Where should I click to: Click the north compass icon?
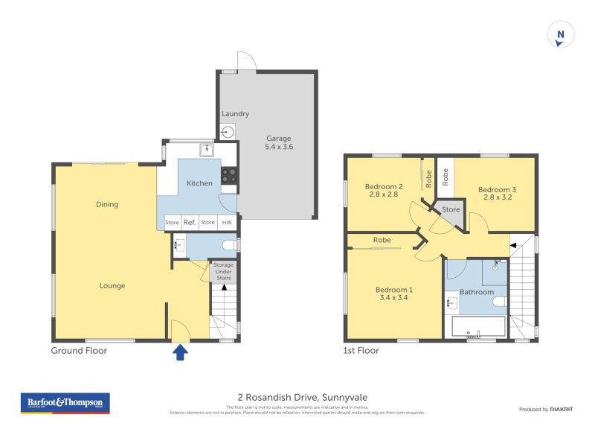coord(561,34)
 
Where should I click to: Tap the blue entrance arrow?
coord(180,352)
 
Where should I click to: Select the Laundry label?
coord(235,114)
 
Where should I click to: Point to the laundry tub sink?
coord(228,133)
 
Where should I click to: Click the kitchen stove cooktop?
coord(229,176)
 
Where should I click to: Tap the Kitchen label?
coord(199,183)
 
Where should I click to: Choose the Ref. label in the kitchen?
coord(190,222)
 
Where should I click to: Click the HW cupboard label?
coord(227,222)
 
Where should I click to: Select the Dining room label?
coord(107,204)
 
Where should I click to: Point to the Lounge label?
coord(112,285)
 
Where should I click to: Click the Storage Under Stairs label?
coord(223,271)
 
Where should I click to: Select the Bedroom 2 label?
coord(384,191)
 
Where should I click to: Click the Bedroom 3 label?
coord(497,194)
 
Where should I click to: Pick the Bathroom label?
coord(476,292)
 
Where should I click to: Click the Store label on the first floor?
coord(451,210)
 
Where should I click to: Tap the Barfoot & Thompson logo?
coord(65,403)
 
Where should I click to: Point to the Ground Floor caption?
coord(79,350)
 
